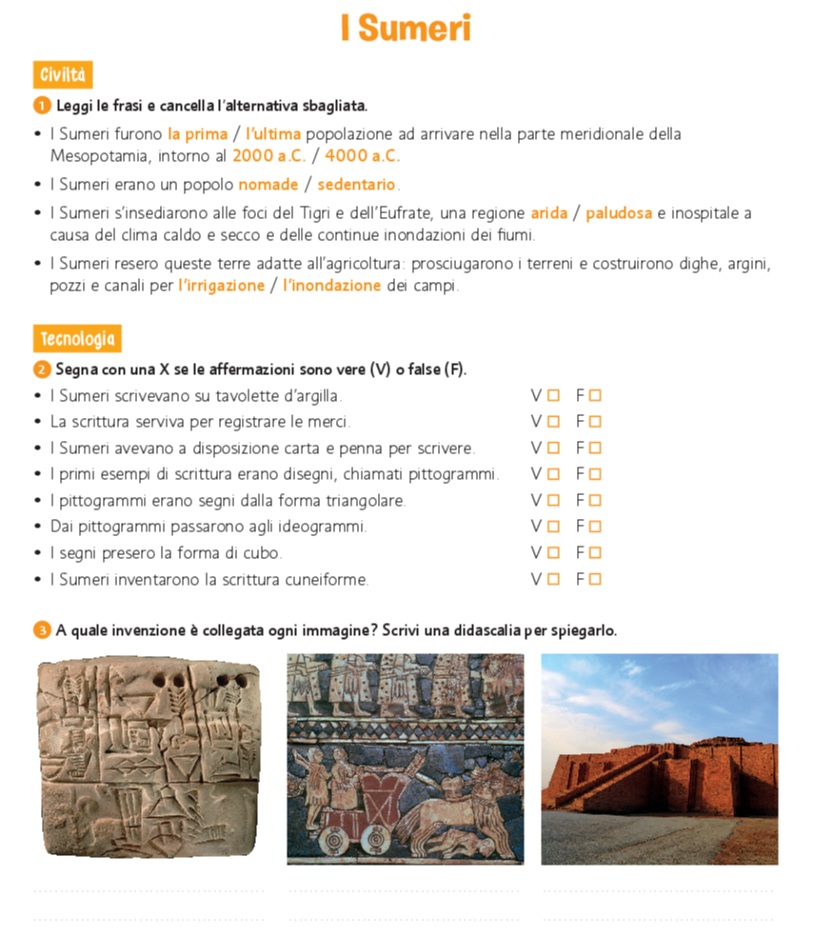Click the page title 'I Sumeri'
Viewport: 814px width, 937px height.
click(x=407, y=29)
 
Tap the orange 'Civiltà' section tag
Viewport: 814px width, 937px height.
click(x=63, y=75)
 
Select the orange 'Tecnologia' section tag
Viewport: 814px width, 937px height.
click(x=77, y=339)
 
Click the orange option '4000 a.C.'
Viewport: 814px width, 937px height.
click(x=363, y=156)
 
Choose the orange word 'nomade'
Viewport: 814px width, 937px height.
click(x=268, y=184)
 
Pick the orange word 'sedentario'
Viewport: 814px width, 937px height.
click(x=357, y=184)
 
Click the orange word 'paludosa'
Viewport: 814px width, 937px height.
click(x=619, y=213)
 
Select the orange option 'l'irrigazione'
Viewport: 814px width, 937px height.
click(x=221, y=286)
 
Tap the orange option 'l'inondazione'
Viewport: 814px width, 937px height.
click(x=331, y=286)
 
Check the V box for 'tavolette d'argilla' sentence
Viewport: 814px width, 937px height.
click(x=553, y=395)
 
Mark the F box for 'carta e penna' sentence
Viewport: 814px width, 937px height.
click(x=595, y=448)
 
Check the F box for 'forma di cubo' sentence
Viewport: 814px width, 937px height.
click(x=595, y=552)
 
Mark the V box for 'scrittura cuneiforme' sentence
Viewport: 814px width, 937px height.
click(x=553, y=579)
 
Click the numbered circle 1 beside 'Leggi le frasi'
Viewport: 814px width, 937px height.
click(x=41, y=106)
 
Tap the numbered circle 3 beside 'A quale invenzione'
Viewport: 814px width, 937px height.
click(x=41, y=630)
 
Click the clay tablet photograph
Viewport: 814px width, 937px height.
click(x=149, y=757)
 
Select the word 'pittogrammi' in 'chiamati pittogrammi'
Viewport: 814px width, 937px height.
click(x=459, y=474)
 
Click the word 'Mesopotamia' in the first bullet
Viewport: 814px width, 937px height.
click(x=96, y=156)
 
